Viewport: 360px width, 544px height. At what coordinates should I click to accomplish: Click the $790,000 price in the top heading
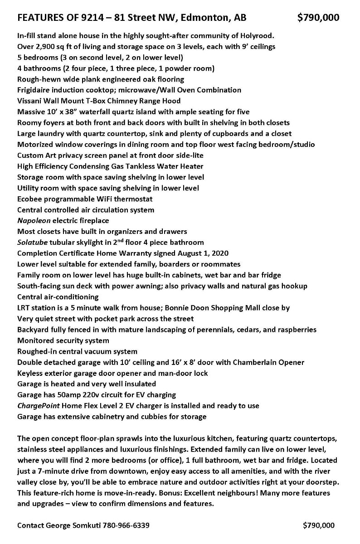[318, 18]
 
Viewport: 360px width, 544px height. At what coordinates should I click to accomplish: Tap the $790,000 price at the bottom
[319, 525]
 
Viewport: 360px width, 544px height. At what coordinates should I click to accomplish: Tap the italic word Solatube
[32, 243]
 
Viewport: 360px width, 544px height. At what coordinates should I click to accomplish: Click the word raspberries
[295, 330]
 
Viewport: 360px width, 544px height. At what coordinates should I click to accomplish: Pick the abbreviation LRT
[24, 308]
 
